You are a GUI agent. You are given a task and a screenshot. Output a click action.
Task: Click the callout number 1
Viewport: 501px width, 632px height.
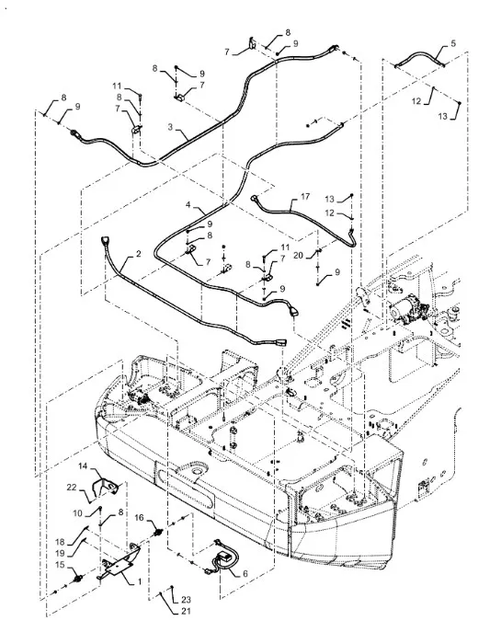click(x=140, y=581)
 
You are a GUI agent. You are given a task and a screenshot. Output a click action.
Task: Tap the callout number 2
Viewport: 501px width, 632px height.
click(x=138, y=254)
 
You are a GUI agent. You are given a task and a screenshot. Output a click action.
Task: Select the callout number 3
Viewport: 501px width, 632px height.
click(x=170, y=127)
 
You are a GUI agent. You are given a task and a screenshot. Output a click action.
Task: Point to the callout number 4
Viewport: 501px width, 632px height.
click(x=188, y=205)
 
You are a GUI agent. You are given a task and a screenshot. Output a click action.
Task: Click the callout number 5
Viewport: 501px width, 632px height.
click(x=453, y=43)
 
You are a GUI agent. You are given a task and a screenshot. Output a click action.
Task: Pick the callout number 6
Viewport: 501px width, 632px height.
click(x=245, y=573)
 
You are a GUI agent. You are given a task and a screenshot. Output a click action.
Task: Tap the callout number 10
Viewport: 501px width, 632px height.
click(x=78, y=513)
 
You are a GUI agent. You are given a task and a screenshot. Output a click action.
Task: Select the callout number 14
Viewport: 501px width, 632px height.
click(x=83, y=466)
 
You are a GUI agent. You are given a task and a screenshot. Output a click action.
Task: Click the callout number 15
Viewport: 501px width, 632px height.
click(x=60, y=565)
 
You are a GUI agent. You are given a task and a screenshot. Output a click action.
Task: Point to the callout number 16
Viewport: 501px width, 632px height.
click(x=139, y=517)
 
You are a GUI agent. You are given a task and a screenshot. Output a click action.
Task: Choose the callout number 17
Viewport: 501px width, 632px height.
click(x=305, y=196)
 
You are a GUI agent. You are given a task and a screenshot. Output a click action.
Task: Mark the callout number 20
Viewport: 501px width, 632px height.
click(x=298, y=255)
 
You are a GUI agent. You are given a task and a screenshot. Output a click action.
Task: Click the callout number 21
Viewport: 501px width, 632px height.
click(x=186, y=612)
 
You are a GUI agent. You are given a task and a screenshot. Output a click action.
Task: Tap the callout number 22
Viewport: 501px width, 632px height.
click(x=72, y=488)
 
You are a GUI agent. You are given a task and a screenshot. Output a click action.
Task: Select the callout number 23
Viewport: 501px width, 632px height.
click(x=186, y=600)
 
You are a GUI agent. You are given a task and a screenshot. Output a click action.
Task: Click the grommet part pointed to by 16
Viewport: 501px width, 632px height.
click(x=158, y=533)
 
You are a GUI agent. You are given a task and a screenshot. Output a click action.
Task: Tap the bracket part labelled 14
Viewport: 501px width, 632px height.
click(x=106, y=487)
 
